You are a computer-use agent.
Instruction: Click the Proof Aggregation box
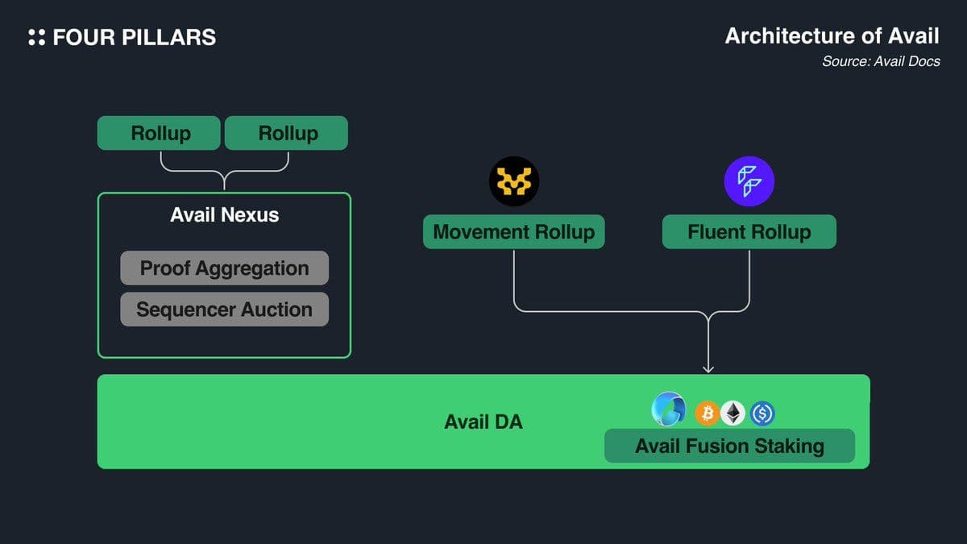224,268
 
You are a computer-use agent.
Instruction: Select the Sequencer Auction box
224,309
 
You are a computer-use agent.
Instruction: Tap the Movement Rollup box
513,232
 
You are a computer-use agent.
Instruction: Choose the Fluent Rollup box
749,232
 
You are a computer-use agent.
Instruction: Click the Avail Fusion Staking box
729,446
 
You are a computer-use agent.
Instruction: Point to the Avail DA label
483,421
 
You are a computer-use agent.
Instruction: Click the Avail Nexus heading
224,215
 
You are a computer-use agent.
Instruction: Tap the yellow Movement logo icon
514,182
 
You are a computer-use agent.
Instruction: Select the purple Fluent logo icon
749,181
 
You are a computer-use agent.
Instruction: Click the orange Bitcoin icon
708,413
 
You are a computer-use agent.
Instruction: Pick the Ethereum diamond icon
733,413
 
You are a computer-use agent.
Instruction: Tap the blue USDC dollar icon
762,413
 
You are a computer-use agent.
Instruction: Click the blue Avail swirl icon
669,409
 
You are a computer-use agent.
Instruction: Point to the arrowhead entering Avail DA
708,368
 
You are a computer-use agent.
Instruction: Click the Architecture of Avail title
832,36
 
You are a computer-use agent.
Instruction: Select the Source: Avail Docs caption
881,61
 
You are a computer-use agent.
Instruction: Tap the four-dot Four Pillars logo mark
36,37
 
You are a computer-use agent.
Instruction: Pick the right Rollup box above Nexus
287,133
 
